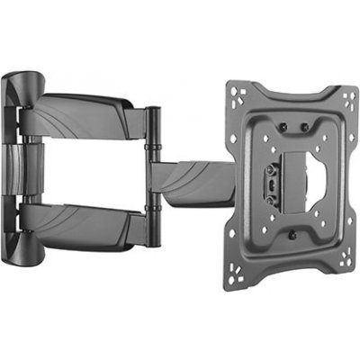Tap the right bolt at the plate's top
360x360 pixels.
coord(304,124)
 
